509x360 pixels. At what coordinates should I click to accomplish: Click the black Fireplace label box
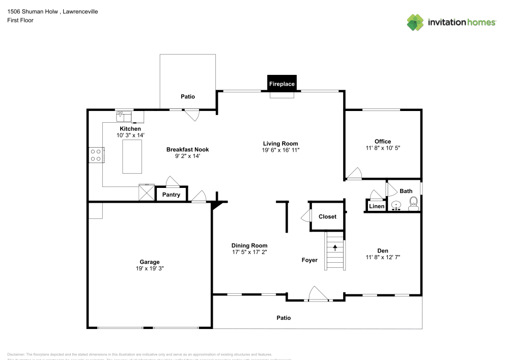[x=281, y=84]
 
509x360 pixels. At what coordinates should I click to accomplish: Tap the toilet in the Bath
[x=413, y=204]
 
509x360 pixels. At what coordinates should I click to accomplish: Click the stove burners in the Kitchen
[x=95, y=155]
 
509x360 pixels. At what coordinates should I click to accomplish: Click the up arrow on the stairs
[x=335, y=248]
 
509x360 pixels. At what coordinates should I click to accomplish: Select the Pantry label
[x=171, y=195]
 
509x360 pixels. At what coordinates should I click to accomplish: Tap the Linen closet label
[x=377, y=206]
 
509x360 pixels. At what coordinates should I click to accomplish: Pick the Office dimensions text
[x=383, y=148]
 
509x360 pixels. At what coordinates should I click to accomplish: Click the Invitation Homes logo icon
[x=415, y=22]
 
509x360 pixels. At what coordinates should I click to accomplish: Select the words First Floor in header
[x=20, y=20]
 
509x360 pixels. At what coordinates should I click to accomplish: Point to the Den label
[x=383, y=250]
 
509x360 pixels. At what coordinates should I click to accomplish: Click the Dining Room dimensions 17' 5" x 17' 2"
[x=249, y=252]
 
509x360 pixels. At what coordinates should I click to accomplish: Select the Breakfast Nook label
[x=187, y=149]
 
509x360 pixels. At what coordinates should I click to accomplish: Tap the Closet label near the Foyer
[x=327, y=216]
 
